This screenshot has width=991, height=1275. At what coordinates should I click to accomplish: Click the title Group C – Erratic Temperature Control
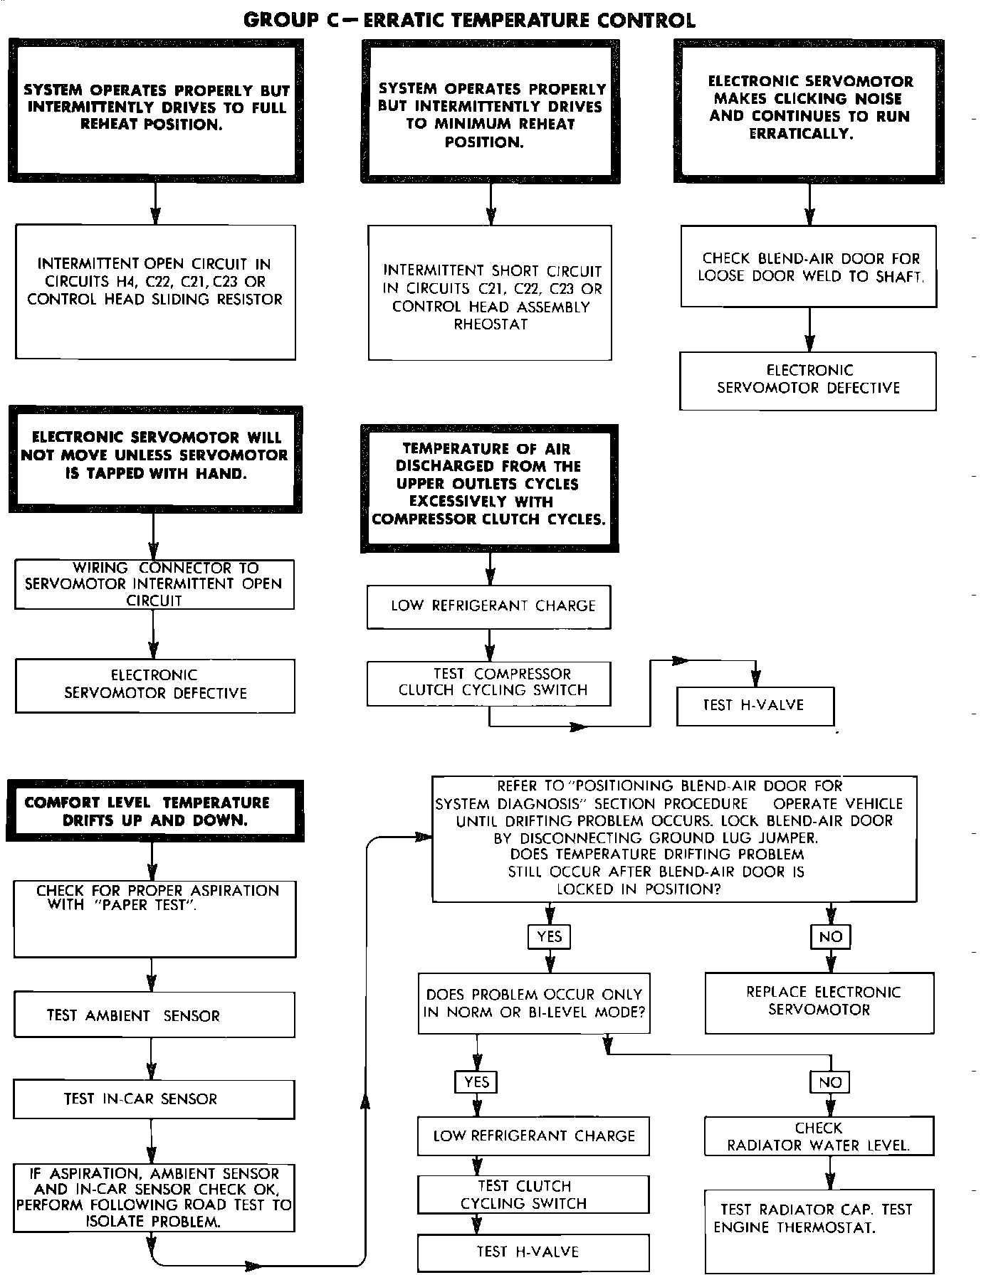(469, 20)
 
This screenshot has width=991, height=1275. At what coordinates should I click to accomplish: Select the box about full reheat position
(156, 109)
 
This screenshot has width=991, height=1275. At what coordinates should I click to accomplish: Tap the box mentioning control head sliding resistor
(155, 292)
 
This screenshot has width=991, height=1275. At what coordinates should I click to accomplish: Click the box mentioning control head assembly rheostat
(490, 292)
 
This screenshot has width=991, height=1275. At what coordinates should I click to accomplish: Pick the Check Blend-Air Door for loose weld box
(808, 267)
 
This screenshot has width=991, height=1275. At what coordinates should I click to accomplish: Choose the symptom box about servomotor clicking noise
(809, 108)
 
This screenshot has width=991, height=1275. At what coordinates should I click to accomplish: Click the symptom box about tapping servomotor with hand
(155, 457)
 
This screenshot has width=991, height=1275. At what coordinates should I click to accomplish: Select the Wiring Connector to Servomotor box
(154, 584)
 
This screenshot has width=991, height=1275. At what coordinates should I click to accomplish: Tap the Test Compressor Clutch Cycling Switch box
(489, 683)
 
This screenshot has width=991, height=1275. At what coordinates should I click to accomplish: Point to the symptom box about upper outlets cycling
(489, 486)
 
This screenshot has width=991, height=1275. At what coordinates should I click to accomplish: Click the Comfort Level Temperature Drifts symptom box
(155, 811)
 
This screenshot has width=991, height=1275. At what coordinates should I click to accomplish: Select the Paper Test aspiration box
(154, 919)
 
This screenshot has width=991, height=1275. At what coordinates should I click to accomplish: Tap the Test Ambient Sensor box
(154, 1015)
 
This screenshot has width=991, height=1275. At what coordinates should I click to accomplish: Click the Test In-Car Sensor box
(154, 1099)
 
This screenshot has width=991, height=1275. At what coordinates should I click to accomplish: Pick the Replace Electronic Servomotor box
(819, 1002)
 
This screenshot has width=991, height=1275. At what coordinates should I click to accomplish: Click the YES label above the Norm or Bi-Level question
(549, 936)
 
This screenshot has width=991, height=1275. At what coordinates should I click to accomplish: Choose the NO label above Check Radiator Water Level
(830, 1082)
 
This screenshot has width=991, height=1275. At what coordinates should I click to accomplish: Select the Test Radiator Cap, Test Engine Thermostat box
(819, 1229)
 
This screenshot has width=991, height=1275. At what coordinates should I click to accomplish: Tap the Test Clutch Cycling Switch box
(533, 1195)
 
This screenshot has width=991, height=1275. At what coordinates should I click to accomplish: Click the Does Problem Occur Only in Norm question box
(534, 1003)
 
